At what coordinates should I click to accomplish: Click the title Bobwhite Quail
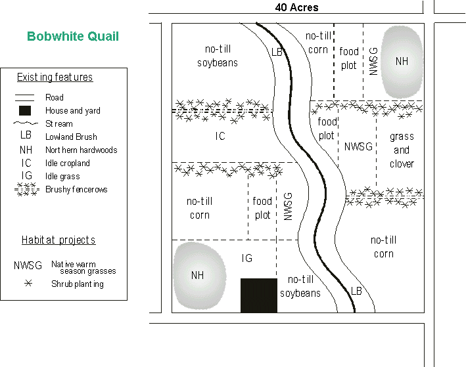click(73, 37)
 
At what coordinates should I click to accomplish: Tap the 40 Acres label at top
click(296, 7)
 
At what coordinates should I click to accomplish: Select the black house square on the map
click(258, 295)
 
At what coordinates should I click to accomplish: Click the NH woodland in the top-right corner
click(402, 61)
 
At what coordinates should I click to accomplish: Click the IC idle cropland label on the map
click(220, 137)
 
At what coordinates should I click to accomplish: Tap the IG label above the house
click(246, 259)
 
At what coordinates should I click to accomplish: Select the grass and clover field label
click(402, 150)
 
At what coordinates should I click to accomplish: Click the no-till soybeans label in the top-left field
click(217, 56)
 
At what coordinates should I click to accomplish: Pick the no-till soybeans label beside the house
click(300, 286)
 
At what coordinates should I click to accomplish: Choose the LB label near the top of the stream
click(277, 52)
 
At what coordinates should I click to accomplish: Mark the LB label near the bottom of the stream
click(356, 290)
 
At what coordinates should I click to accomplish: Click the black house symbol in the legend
click(26, 110)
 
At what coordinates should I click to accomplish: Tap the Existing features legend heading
click(55, 77)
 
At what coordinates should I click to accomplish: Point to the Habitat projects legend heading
click(58, 240)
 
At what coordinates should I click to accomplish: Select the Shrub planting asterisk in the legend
click(28, 284)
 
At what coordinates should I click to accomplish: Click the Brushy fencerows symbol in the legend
click(26, 190)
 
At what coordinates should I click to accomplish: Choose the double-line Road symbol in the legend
click(26, 97)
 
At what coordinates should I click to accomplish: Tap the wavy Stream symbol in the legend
click(26, 123)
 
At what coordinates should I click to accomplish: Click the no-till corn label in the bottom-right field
click(384, 247)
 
